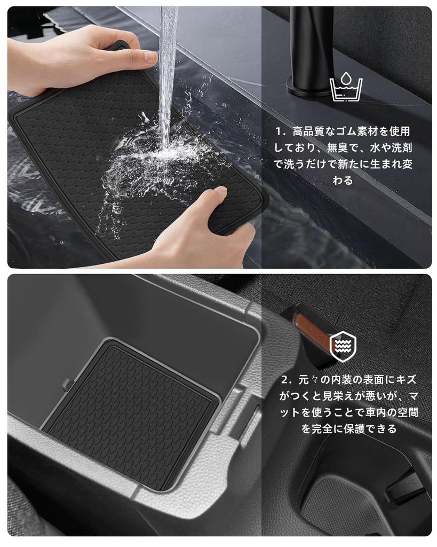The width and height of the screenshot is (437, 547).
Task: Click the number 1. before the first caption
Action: click(x=281, y=131)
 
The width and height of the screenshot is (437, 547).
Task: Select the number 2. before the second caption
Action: click(x=287, y=380)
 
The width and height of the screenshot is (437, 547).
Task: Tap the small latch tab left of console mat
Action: click(x=67, y=384)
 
